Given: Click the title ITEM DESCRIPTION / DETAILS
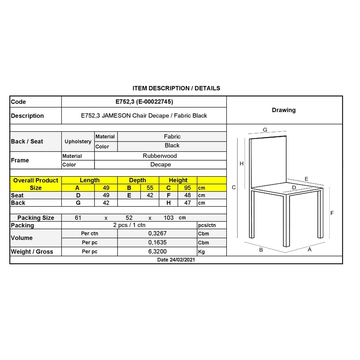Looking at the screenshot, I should click(x=176, y=88).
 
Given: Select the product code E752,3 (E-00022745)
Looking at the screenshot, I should click(x=144, y=102).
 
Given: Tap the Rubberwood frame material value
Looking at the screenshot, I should click(x=160, y=156).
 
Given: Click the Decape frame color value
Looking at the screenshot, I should click(x=160, y=164).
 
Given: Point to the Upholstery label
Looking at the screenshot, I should click(x=78, y=142).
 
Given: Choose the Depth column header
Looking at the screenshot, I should click(x=137, y=180).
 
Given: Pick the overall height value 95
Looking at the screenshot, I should click(x=187, y=188).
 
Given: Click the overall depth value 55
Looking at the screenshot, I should click(x=150, y=188).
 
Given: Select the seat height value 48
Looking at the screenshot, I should click(x=187, y=195).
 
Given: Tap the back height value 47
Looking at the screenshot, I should click(x=187, y=203).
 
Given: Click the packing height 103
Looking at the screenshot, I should click(x=169, y=218).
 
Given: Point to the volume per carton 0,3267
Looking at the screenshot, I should click(x=157, y=233).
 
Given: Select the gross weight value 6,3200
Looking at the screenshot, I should click(x=157, y=251).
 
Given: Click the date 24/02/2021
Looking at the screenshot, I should click(x=176, y=260).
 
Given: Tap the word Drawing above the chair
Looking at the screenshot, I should click(x=284, y=110).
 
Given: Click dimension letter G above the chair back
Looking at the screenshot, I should click(x=265, y=130).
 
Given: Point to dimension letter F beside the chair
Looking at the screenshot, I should click(x=332, y=213).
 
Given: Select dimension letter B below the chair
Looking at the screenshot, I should click(x=261, y=250).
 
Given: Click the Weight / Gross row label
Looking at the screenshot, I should click(x=32, y=251).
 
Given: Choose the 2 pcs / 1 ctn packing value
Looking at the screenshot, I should click(x=129, y=225).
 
